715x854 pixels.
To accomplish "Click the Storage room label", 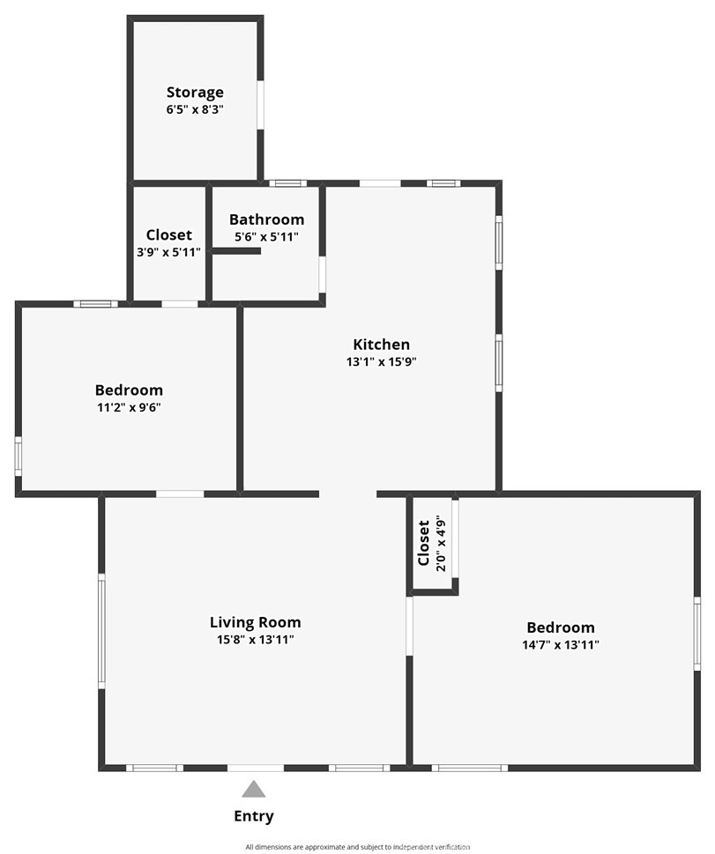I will (195, 93).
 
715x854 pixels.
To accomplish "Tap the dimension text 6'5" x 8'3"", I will (195, 110).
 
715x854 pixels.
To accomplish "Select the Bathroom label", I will (266, 219).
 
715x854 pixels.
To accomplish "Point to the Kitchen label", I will (381, 345).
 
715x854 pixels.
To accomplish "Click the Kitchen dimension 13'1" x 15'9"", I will (381, 361).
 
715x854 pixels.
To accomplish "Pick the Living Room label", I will (255, 622).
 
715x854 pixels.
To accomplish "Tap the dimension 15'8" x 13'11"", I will (255, 640).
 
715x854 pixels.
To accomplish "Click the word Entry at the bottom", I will (253, 816).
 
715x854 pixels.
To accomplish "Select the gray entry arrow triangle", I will (254, 789).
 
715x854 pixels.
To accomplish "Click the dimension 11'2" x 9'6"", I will (129, 407).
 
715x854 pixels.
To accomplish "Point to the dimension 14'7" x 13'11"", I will (560, 644).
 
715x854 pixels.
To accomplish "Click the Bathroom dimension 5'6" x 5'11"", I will (266, 237).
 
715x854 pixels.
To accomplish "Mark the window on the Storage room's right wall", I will (260, 106).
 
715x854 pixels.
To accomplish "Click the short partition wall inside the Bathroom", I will (236, 251).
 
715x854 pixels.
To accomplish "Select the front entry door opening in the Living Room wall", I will (256, 768).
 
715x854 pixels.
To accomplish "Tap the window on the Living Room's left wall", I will (101, 630).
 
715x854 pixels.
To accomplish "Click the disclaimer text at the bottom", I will (357, 847).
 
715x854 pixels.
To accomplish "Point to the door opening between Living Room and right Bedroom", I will (409, 626).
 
